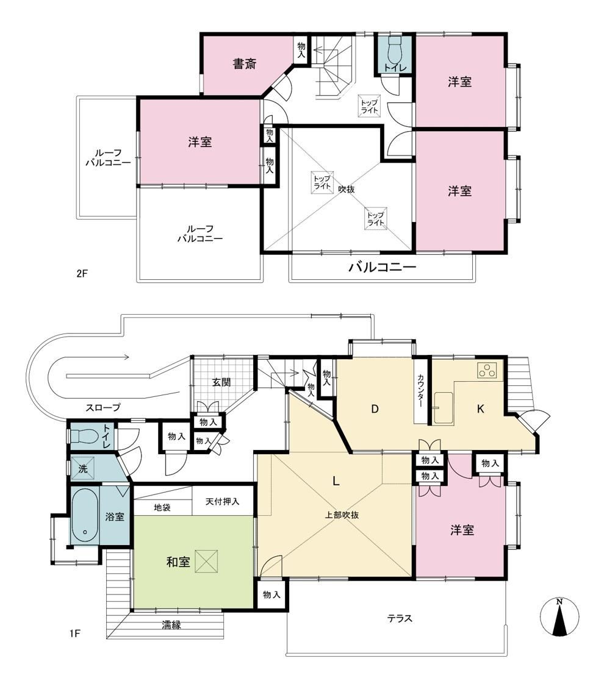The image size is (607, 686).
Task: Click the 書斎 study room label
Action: click(x=244, y=64)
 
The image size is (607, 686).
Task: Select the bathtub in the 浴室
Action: click(x=85, y=515)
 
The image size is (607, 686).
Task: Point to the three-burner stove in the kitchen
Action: click(x=487, y=371)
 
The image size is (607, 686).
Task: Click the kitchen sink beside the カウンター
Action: click(x=443, y=408)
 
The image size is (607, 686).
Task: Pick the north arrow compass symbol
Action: click(x=559, y=616)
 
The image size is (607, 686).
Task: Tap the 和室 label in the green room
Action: click(x=178, y=562)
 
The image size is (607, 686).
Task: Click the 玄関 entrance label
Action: click(x=221, y=382)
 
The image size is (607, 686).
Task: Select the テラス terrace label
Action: click(x=400, y=618)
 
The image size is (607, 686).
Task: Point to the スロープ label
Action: click(x=103, y=407)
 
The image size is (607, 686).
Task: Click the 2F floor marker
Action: click(x=82, y=274)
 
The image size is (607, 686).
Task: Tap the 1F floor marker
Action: click(x=75, y=633)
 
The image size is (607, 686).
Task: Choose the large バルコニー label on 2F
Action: click(x=382, y=267)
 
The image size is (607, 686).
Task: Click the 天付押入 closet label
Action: click(x=222, y=501)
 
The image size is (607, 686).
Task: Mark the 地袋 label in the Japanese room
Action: click(x=162, y=507)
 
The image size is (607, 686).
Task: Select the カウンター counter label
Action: click(x=420, y=391)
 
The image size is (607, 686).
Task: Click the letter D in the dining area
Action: click(x=375, y=409)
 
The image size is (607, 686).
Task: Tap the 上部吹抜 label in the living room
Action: click(x=342, y=515)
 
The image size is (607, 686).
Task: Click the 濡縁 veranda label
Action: click(x=171, y=625)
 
